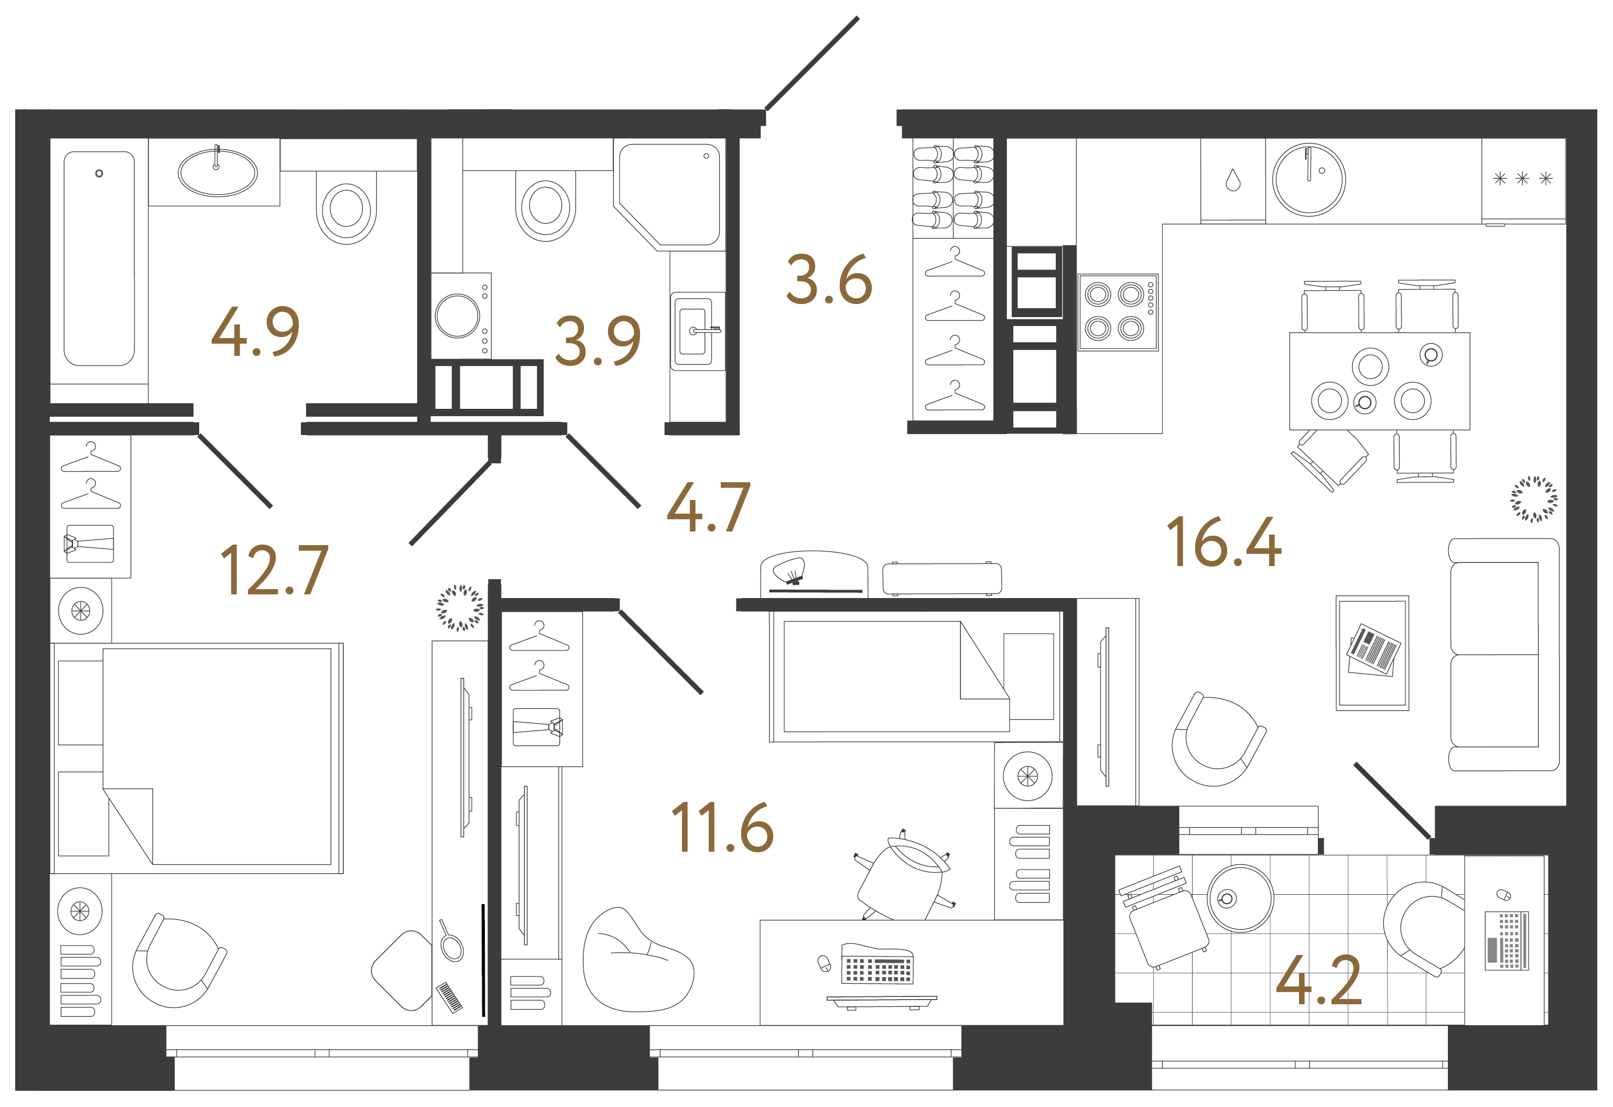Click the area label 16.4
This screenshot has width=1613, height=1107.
click(x=1224, y=542)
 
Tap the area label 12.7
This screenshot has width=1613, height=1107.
click(x=274, y=570)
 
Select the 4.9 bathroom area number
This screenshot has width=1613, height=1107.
click(x=255, y=332)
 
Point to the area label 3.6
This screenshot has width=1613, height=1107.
click(x=829, y=280)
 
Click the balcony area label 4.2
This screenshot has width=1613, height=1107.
click(x=1319, y=980)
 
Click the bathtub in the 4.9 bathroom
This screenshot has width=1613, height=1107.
click(x=99, y=258)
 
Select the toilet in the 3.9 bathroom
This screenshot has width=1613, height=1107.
click(x=546, y=205)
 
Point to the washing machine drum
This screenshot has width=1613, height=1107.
click(x=458, y=316)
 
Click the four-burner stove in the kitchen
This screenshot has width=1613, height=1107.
click(x=1118, y=312)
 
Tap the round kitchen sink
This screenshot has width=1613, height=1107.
click(x=1309, y=180)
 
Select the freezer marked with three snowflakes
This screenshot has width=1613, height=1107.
click(x=1523, y=180)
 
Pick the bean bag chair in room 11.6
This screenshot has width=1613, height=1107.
click(x=638, y=960)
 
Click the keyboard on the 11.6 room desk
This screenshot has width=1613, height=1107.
click(x=878, y=963)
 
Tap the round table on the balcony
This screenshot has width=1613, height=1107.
click(x=1240, y=898)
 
